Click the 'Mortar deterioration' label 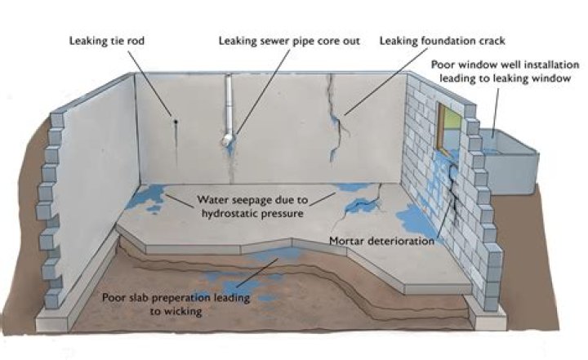coord(381,241)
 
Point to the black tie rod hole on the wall coord(175,123)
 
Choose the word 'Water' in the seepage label coord(213,199)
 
